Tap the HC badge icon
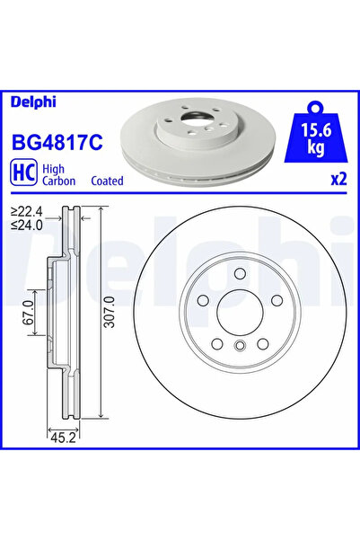point(24,173)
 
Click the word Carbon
point(60,181)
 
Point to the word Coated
point(107,181)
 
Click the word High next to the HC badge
point(54,168)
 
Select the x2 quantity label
point(338,179)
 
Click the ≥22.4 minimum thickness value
point(30,212)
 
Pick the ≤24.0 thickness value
point(30,226)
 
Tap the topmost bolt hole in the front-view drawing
point(239,275)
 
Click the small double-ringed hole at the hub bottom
point(239,348)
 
